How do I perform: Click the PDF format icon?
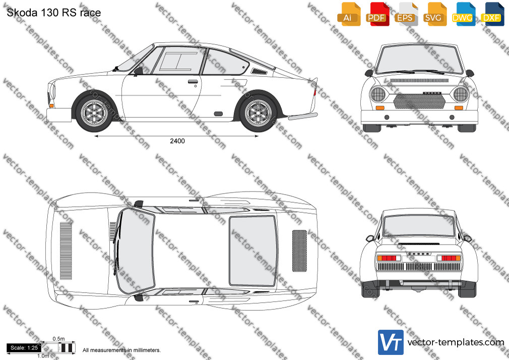(376, 14)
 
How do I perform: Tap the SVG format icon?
(434, 14)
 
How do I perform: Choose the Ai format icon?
(349, 14)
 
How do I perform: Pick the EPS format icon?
(405, 14)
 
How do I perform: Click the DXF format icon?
(492, 14)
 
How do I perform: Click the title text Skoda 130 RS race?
(54, 13)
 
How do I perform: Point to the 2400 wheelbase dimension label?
(177, 141)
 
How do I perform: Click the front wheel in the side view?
(94, 112)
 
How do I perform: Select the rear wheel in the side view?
(259, 112)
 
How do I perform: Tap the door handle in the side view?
(193, 81)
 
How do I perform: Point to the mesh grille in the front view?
(419, 101)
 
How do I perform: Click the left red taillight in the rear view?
(389, 258)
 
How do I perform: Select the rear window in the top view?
(253, 251)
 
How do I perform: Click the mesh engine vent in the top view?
(299, 251)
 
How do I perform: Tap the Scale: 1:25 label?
(24, 348)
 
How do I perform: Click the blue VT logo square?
(391, 342)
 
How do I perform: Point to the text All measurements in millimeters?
(121, 350)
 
